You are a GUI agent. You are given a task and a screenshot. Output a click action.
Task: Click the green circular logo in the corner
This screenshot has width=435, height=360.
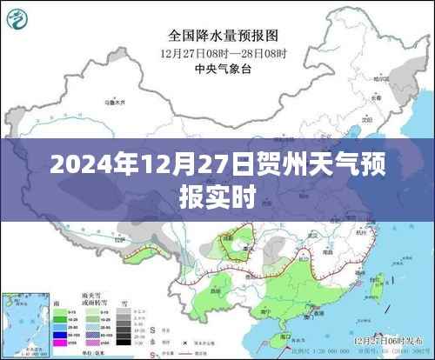coord(18,17)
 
